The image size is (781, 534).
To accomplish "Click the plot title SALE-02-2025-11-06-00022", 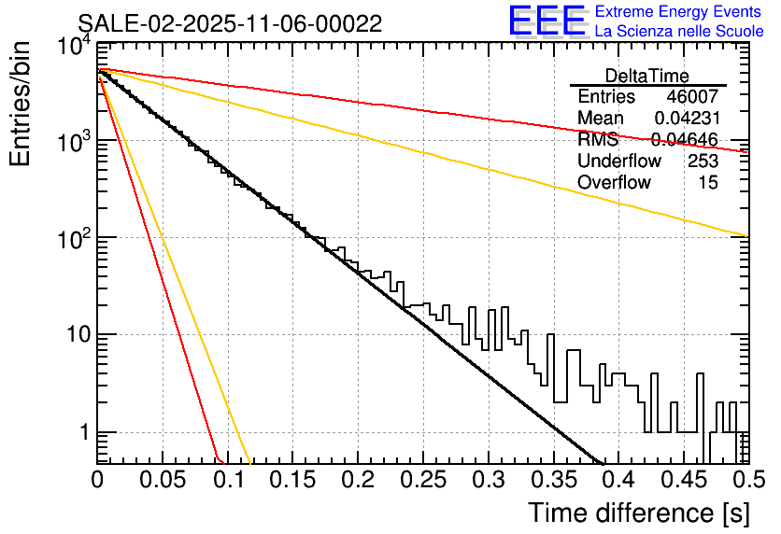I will (230, 23).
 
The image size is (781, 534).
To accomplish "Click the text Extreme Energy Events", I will (679, 12).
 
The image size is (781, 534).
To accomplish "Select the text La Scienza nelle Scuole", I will (679, 31).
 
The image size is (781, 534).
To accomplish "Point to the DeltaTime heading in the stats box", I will (647, 76).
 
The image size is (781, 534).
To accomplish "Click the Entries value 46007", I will (692, 97).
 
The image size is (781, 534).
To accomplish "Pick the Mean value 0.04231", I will (686, 119).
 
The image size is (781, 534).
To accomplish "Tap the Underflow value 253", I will (702, 162).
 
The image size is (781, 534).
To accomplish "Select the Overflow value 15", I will (708, 183).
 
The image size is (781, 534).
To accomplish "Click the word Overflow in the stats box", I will (614, 183).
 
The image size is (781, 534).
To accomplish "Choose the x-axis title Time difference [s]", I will (637, 513).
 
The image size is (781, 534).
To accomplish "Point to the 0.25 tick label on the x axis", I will (422, 482).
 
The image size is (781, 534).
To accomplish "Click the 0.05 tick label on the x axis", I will (162, 482).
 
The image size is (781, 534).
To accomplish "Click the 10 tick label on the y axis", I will (77, 335).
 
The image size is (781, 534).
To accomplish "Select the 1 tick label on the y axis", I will (84, 433).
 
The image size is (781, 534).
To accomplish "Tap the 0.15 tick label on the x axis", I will (292, 482).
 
